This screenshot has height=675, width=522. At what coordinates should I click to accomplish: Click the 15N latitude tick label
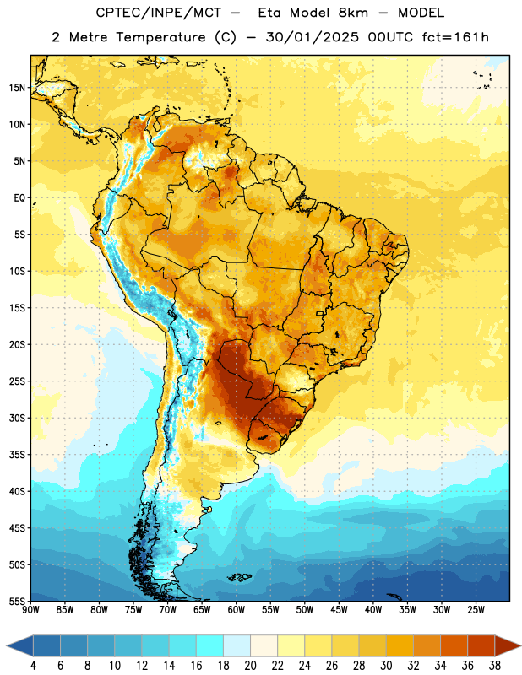[x=17, y=88]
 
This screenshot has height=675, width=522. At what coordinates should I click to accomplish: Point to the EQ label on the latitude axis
[x=19, y=198]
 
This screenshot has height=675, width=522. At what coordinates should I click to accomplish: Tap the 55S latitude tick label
[x=17, y=602]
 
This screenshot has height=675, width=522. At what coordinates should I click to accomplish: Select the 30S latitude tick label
[x=17, y=418]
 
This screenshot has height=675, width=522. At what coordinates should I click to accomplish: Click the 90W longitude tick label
[x=31, y=610]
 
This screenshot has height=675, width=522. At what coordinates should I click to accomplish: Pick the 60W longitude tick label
[x=237, y=610]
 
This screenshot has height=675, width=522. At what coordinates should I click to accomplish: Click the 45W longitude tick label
[x=339, y=610]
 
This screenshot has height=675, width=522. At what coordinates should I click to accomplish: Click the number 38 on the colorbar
[x=495, y=666]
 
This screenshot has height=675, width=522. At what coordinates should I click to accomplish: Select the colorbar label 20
[x=250, y=666]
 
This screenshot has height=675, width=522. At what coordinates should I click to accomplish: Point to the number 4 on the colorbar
[x=33, y=666]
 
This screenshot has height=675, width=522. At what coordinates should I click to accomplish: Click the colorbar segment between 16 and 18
[x=210, y=645]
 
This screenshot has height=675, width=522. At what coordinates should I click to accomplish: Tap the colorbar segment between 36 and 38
[x=481, y=645]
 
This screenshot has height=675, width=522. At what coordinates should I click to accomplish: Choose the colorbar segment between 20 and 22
[x=264, y=645]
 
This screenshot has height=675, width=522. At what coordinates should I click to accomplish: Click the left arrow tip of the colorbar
[x=7, y=645]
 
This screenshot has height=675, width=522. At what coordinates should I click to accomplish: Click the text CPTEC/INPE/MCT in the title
[x=158, y=13]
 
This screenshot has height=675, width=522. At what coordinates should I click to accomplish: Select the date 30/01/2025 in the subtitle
[x=312, y=37]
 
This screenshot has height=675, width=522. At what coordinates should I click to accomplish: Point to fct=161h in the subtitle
[x=455, y=37]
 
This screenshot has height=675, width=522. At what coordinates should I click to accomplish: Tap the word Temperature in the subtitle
[x=160, y=38]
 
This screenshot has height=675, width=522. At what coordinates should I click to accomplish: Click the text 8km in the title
[x=353, y=13]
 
